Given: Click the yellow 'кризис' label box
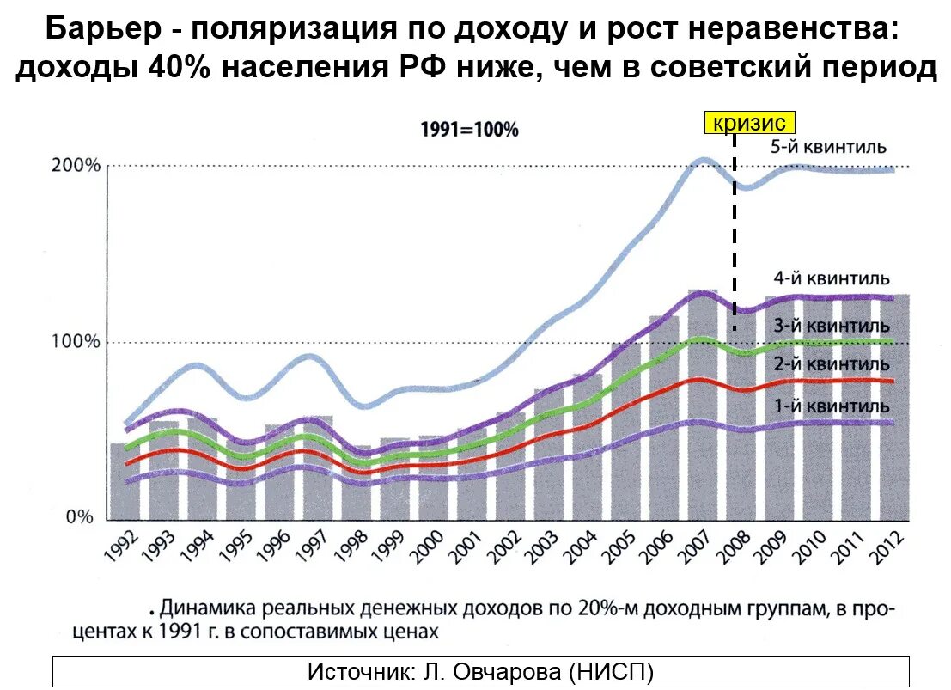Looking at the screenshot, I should click(750, 123).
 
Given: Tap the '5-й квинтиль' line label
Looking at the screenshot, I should click(827, 147).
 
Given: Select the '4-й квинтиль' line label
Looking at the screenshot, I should click(831, 278).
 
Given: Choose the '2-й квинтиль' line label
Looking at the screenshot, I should click(831, 364).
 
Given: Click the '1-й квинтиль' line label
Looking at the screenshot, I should click(831, 405).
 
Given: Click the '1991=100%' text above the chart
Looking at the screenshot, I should click(468, 131).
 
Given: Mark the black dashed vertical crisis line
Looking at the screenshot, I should click(735, 232).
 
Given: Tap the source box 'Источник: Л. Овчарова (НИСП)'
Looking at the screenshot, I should click(480, 671).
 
